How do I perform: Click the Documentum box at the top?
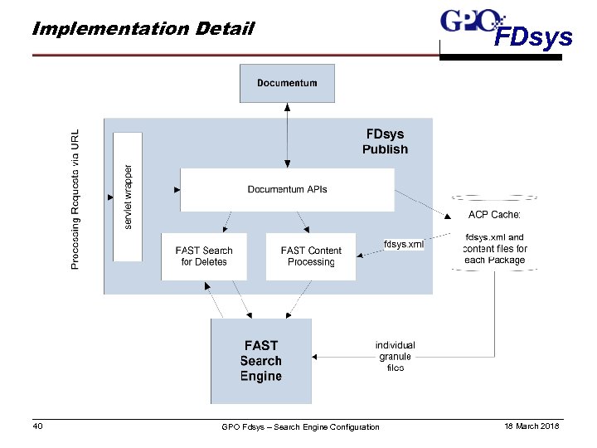[287, 83]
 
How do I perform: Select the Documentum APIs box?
[287, 189]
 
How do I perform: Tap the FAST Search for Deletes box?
[204, 256]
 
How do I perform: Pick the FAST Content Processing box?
[310, 256]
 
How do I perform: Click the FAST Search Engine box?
[261, 361]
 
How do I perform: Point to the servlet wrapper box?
[128, 196]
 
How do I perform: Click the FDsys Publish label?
[385, 141]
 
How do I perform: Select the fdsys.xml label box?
[404, 244]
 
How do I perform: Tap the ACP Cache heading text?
[494, 215]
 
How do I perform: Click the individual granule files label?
[395, 356]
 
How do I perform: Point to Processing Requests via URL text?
[75, 198]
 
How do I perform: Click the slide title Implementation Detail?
[142, 29]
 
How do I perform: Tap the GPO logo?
[470, 20]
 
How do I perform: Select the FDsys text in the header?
[533, 38]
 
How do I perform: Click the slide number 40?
[37, 426]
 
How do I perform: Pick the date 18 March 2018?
[531, 426]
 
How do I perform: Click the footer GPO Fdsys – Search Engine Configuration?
[300, 427]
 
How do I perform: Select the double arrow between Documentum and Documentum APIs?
[287, 134]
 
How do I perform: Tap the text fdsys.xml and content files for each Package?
[495, 248]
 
